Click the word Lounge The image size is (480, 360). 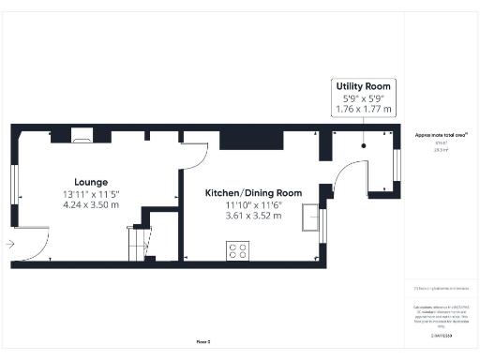[92, 182]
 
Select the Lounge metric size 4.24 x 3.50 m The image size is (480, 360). [92, 202]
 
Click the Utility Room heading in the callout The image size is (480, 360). [364, 86]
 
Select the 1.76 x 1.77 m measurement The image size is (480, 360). [364, 109]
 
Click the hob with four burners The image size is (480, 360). [238, 250]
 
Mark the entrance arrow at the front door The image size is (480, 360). [9, 244]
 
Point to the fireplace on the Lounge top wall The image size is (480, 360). [82, 138]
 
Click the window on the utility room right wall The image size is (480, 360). [397, 164]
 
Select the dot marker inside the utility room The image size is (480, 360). [364, 145]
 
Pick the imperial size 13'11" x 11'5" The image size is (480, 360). [92, 193]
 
